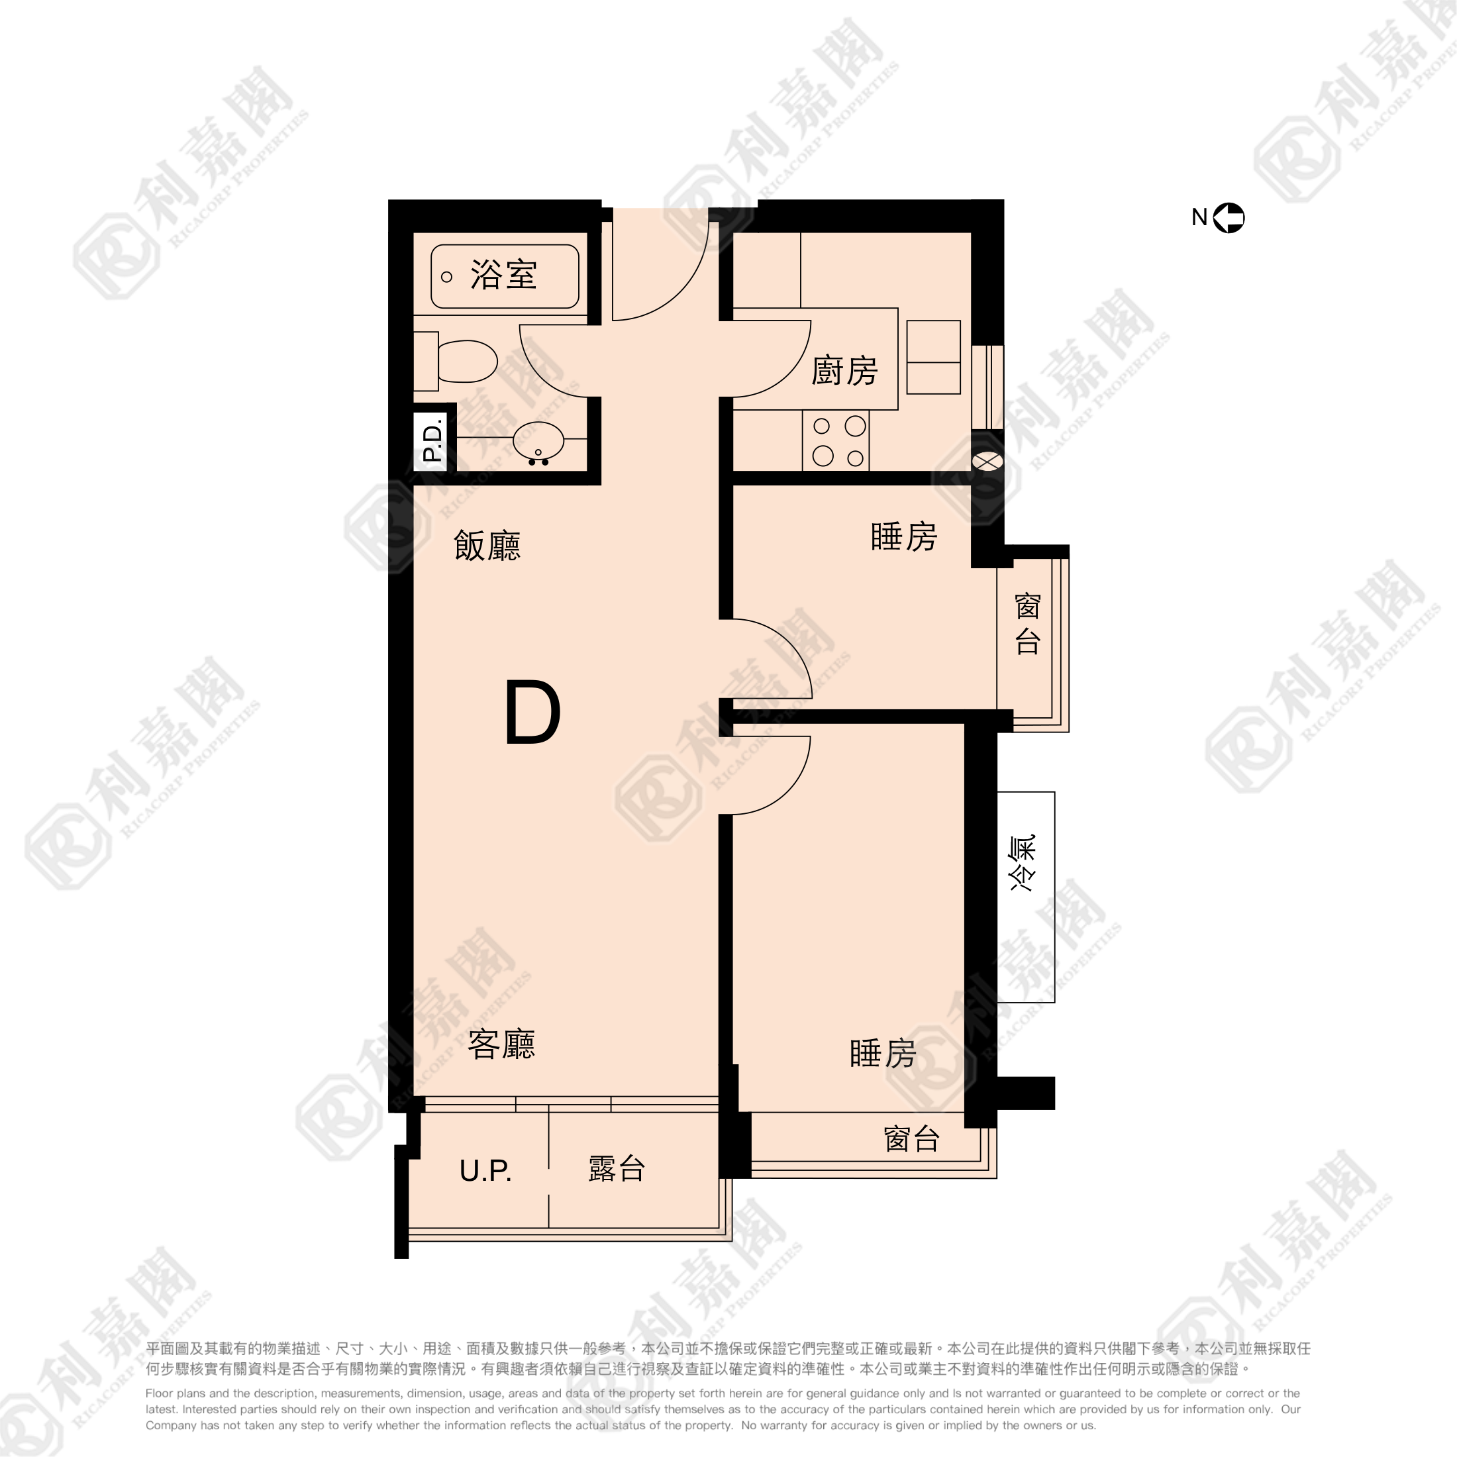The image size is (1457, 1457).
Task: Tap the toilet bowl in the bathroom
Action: pyautogui.click(x=466, y=361)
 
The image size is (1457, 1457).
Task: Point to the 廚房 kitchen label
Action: pyautogui.click(x=844, y=371)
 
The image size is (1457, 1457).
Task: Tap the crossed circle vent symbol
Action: pyautogui.click(x=987, y=460)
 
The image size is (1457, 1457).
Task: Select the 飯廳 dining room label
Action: pyautogui.click(x=487, y=545)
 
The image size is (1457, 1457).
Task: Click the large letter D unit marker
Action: pyautogui.click(x=532, y=713)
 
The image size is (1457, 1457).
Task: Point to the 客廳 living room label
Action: pyautogui.click(x=501, y=1044)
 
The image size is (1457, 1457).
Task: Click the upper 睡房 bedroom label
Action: pyautogui.click(x=903, y=537)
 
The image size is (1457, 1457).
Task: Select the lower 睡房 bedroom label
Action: pyautogui.click(x=882, y=1054)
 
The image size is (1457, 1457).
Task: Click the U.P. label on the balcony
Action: pyautogui.click(x=485, y=1170)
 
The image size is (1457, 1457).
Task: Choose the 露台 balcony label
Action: pyautogui.click(x=616, y=1169)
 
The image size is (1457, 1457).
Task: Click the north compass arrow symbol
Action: pyautogui.click(x=1229, y=218)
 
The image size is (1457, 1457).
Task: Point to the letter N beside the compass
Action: pyautogui.click(x=1199, y=217)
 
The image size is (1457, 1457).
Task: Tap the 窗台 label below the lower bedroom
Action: pyautogui.click(x=911, y=1138)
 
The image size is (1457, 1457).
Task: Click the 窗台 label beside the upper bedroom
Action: pyautogui.click(x=1027, y=624)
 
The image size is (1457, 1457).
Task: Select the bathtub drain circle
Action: pyautogui.click(x=446, y=277)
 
